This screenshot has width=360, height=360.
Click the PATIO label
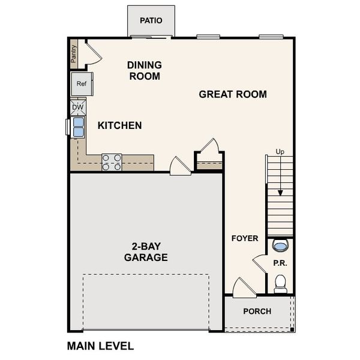[x=151, y=20]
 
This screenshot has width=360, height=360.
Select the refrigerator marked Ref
[x=82, y=84]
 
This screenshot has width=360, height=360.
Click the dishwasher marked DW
[x=78, y=107]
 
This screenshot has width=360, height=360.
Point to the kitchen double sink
[x=78, y=127]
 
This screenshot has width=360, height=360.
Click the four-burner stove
[x=112, y=162]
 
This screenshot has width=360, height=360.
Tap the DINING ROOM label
[x=144, y=71]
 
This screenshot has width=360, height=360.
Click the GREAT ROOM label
[x=233, y=94]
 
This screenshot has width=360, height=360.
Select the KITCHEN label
[x=120, y=125]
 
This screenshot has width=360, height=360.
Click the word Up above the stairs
[x=280, y=152]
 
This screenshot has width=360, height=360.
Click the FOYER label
[x=245, y=238]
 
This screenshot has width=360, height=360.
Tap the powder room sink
[x=280, y=245]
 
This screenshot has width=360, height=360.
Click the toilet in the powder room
[x=280, y=283]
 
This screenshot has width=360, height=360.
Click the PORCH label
[x=257, y=311]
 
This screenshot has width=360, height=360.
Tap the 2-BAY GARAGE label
[x=146, y=251]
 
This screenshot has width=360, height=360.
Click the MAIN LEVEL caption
[x=100, y=346]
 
